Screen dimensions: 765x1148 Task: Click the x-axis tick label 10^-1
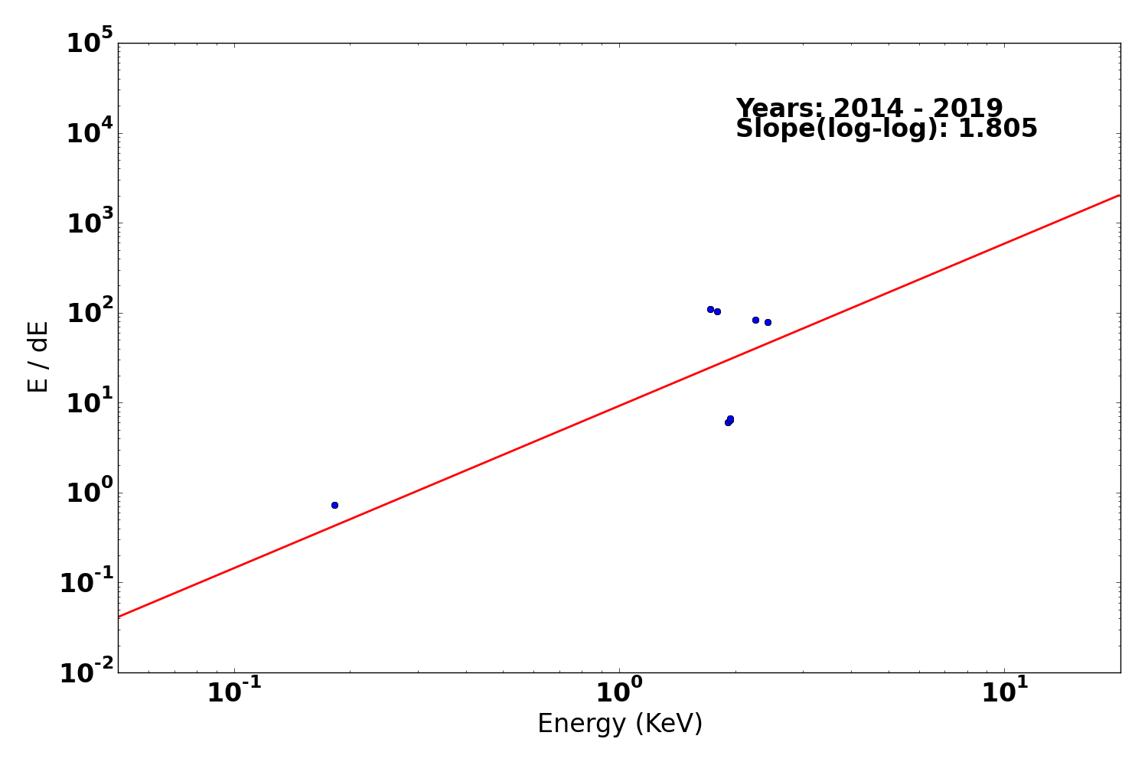coord(234,692)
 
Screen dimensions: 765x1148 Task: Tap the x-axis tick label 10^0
coord(619,692)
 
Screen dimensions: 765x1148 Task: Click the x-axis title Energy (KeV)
coord(620,724)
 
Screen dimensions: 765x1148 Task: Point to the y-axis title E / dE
coord(38,356)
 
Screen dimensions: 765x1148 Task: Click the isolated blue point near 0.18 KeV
coord(334,505)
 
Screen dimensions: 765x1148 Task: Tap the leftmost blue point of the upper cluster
coord(710,309)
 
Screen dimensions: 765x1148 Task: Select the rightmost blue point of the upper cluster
coord(768,322)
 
